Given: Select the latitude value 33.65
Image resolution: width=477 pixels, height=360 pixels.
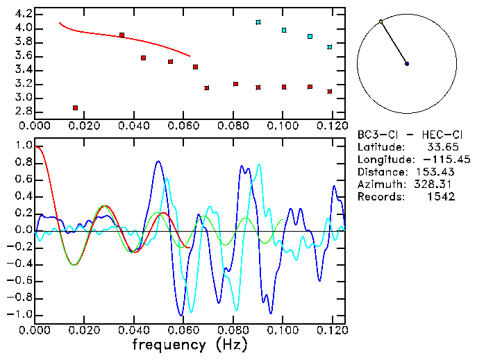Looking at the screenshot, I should [x=453, y=147].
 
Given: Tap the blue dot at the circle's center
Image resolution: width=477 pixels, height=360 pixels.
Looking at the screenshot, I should [x=407, y=64].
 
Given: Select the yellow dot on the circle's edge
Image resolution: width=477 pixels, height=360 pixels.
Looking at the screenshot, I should [x=381, y=22].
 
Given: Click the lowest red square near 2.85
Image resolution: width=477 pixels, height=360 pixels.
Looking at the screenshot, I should [x=75, y=108].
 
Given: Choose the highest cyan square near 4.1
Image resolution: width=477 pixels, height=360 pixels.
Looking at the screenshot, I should [x=258, y=22].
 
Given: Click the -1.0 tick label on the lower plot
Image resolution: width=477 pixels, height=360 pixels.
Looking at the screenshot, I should [x=19, y=314].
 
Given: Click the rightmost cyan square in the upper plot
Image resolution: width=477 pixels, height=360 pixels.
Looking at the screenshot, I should [x=330, y=47].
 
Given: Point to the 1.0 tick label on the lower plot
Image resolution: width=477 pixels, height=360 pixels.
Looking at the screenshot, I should [x=23, y=146].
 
